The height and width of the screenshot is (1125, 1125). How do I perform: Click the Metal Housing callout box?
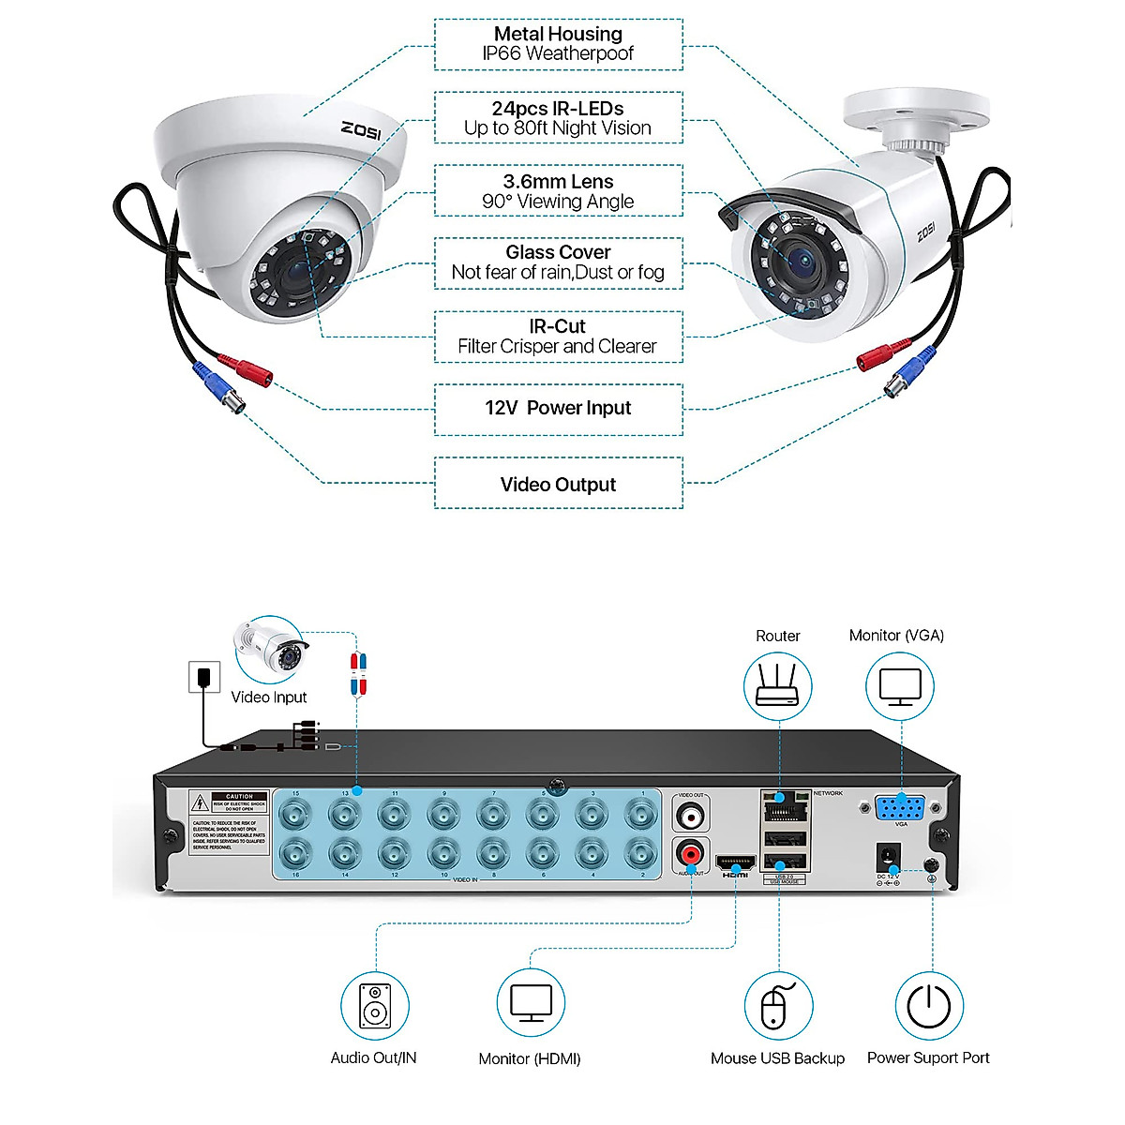tap(558, 44)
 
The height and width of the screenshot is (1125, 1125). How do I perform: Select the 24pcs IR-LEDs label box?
tap(558, 118)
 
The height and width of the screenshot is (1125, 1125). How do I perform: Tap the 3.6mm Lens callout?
tap(558, 191)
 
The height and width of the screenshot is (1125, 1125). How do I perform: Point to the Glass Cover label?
tap(558, 263)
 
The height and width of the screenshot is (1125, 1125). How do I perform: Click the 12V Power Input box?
tap(558, 409)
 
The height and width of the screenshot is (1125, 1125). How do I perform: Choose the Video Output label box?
tap(558, 484)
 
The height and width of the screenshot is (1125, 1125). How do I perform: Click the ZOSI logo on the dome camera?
tap(361, 129)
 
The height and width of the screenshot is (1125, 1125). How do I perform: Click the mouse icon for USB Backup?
tap(777, 1006)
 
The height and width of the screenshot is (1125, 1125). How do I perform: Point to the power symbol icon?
tap(929, 1006)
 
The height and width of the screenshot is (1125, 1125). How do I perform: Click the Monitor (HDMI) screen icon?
tap(531, 1004)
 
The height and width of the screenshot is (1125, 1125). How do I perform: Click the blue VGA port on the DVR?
tap(900, 807)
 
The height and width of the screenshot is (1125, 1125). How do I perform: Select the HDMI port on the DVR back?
tap(735, 862)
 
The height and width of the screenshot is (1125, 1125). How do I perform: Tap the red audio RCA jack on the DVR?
tap(691, 854)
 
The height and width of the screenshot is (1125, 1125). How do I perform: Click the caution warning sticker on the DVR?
tap(230, 821)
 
